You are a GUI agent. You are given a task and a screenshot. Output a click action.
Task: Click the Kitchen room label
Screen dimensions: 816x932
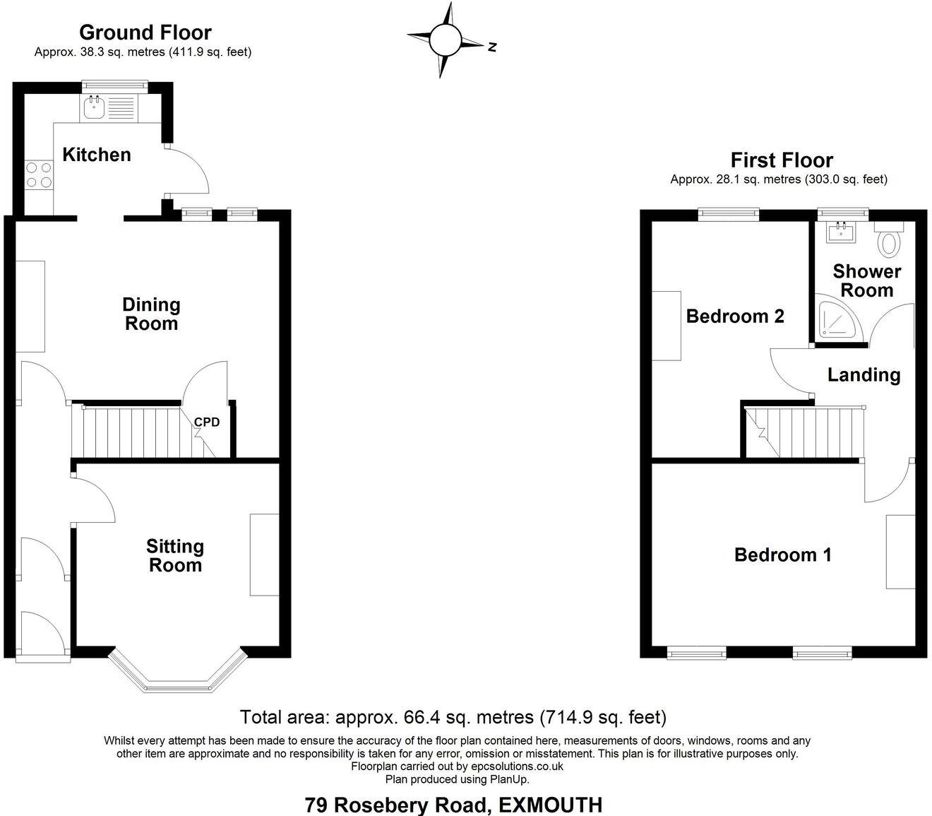97,155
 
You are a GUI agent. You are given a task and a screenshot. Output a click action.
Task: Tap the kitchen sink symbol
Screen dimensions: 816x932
94,108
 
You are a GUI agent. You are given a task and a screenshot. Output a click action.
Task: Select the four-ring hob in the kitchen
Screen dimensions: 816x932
39,175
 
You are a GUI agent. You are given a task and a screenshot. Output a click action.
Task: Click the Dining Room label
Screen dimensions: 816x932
151,314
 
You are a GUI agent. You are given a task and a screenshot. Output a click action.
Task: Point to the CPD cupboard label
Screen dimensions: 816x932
207,422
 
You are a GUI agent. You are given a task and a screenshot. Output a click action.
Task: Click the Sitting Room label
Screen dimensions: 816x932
175,556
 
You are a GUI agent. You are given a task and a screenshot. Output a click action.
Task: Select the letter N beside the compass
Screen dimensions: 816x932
492,47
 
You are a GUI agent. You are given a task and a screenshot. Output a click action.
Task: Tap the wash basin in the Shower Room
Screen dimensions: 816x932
840,232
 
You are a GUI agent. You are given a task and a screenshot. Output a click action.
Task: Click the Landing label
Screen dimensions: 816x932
864,375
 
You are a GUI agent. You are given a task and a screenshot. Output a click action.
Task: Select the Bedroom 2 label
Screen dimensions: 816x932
735,316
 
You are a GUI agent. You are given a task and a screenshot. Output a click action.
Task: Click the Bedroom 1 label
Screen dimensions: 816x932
782,555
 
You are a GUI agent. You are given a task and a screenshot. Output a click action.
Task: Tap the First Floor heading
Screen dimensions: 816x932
782,160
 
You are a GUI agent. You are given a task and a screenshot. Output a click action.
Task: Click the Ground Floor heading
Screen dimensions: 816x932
145,32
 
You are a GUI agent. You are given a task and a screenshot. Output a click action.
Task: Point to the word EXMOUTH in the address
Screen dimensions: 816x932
551,805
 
